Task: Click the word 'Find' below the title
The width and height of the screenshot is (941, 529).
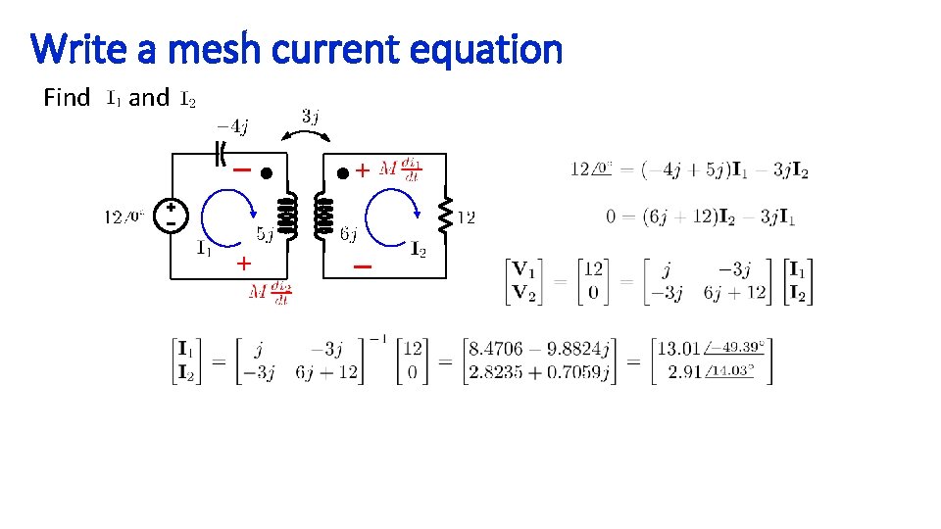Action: pyautogui.click(x=67, y=98)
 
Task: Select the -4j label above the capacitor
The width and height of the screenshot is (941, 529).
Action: pyautogui.click(x=232, y=125)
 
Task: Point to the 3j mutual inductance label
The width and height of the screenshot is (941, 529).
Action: pyautogui.click(x=309, y=117)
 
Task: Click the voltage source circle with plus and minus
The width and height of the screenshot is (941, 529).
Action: pyautogui.click(x=171, y=216)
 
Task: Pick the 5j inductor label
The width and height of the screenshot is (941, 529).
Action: pyautogui.click(x=265, y=234)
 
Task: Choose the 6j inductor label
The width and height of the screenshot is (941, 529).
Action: pyautogui.click(x=348, y=234)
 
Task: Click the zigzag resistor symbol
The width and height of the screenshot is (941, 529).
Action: pyautogui.click(x=446, y=216)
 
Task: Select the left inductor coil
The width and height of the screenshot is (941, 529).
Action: pyautogui.click(x=288, y=216)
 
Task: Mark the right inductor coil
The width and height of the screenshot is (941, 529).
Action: pyautogui.click(x=322, y=216)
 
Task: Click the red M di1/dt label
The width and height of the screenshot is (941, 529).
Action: pyautogui.click(x=400, y=169)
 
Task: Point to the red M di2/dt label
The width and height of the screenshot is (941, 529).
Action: pyautogui.click(x=269, y=293)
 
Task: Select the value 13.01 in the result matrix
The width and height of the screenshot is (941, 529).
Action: pyautogui.click(x=679, y=348)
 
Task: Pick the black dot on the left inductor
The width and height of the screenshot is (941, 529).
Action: pyautogui.click(x=265, y=171)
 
